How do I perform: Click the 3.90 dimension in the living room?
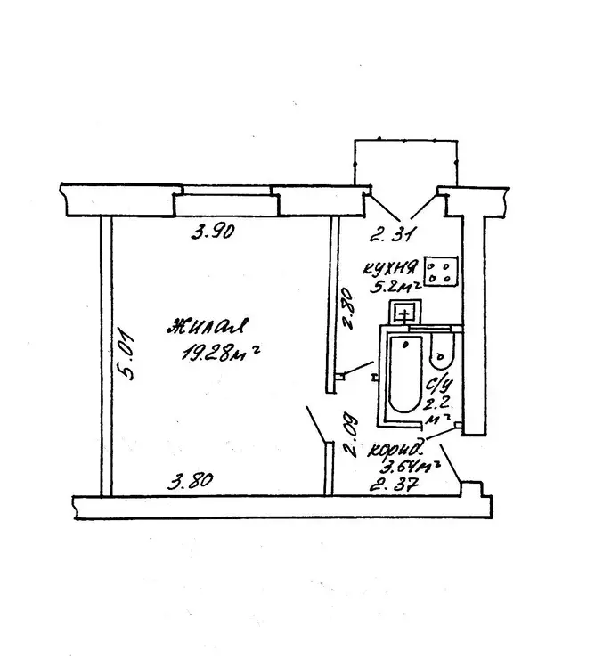213,232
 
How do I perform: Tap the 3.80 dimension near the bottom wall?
191,481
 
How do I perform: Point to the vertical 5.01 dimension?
126,354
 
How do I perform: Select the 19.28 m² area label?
220,353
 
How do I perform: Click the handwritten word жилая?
207,328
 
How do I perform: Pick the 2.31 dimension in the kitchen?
392,235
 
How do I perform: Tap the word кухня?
391,268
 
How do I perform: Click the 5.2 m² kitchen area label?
395,286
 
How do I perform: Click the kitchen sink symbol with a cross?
405,313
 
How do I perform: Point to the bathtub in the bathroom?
405,374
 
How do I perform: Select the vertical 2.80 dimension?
347,308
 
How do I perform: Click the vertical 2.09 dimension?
350,436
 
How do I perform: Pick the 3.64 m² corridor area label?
410,467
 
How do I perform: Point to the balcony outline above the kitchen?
406,140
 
